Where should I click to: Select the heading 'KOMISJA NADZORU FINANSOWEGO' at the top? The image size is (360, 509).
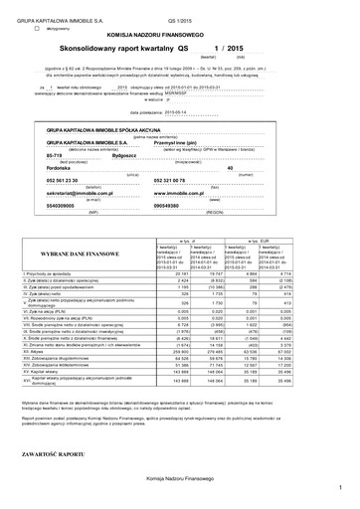click(179, 33)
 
